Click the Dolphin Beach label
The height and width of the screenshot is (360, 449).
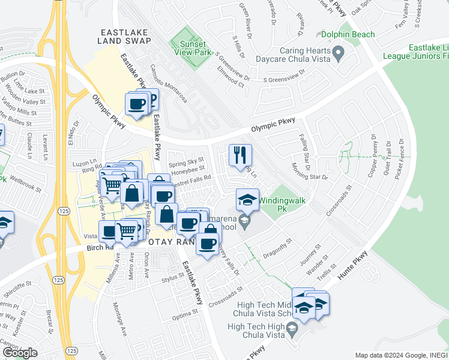(x=348, y=35)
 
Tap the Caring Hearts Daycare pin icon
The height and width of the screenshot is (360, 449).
(x=338, y=54)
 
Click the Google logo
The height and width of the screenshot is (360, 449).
(x=20, y=353)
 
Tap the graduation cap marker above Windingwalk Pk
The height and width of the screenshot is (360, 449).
(x=247, y=200)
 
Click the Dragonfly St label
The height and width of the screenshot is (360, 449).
(x=277, y=248)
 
